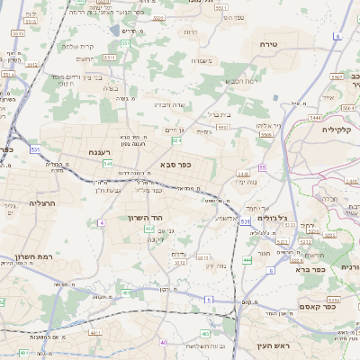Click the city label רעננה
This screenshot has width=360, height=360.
[x=106, y=154]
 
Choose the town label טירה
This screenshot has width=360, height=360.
[x=267, y=44]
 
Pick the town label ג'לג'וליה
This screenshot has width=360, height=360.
[x=273, y=218]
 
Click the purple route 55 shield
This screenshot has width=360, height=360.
[x=263, y=168]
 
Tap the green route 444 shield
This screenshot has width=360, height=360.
[x=247, y=261]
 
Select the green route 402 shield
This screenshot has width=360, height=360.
[x=149, y=229]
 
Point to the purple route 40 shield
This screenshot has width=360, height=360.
[x=164, y=343]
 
